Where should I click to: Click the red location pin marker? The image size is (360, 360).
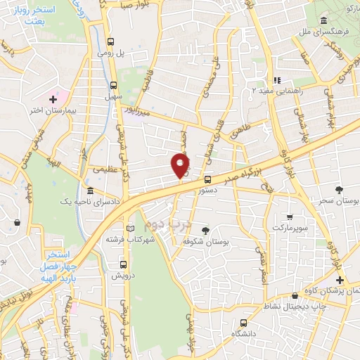pos(180,165)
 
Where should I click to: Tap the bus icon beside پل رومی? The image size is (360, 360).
pos(110,41)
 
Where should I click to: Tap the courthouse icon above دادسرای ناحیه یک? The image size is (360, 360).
pos(89,191)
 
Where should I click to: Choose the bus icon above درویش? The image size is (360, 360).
pos(124,265)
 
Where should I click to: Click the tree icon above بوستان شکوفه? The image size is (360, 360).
pos(205,230)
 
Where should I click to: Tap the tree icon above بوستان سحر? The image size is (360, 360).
pos(340,190)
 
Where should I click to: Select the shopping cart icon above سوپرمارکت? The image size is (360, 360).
pos(289,217)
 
